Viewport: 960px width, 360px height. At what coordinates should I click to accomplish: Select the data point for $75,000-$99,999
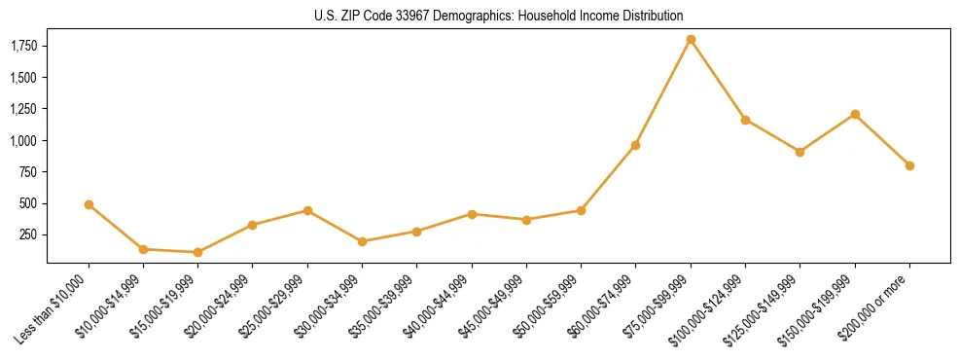pos(691,40)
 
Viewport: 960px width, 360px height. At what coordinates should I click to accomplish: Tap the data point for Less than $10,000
pos(89,205)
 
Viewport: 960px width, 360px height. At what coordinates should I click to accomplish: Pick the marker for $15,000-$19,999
pos(198,252)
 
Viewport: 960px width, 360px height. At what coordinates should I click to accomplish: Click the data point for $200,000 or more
pos(909,165)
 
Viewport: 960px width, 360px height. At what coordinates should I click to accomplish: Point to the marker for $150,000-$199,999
pos(855,114)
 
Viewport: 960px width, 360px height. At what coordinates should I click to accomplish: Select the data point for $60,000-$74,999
pos(635,145)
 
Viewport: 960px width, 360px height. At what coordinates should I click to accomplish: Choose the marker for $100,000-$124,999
pos(745,120)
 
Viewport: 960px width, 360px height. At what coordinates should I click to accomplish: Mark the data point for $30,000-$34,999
pos(362,241)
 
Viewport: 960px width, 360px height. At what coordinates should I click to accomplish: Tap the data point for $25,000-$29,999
pos(307,210)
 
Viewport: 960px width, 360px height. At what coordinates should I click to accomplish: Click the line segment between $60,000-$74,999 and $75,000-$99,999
pos(663,92)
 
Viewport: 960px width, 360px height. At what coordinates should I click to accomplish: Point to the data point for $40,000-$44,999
pos(472,214)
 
